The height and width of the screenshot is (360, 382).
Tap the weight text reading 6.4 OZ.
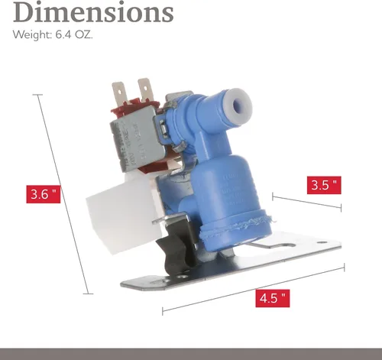point(74,34)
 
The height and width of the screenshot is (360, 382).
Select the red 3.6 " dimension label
point(44,194)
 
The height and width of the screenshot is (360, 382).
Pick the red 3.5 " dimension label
point(324,185)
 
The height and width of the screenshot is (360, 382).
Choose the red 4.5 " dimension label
point(273,298)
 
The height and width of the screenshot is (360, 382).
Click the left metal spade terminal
point(119,93)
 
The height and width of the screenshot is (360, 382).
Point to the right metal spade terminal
point(144,89)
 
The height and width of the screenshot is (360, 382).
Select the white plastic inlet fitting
point(122,212)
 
